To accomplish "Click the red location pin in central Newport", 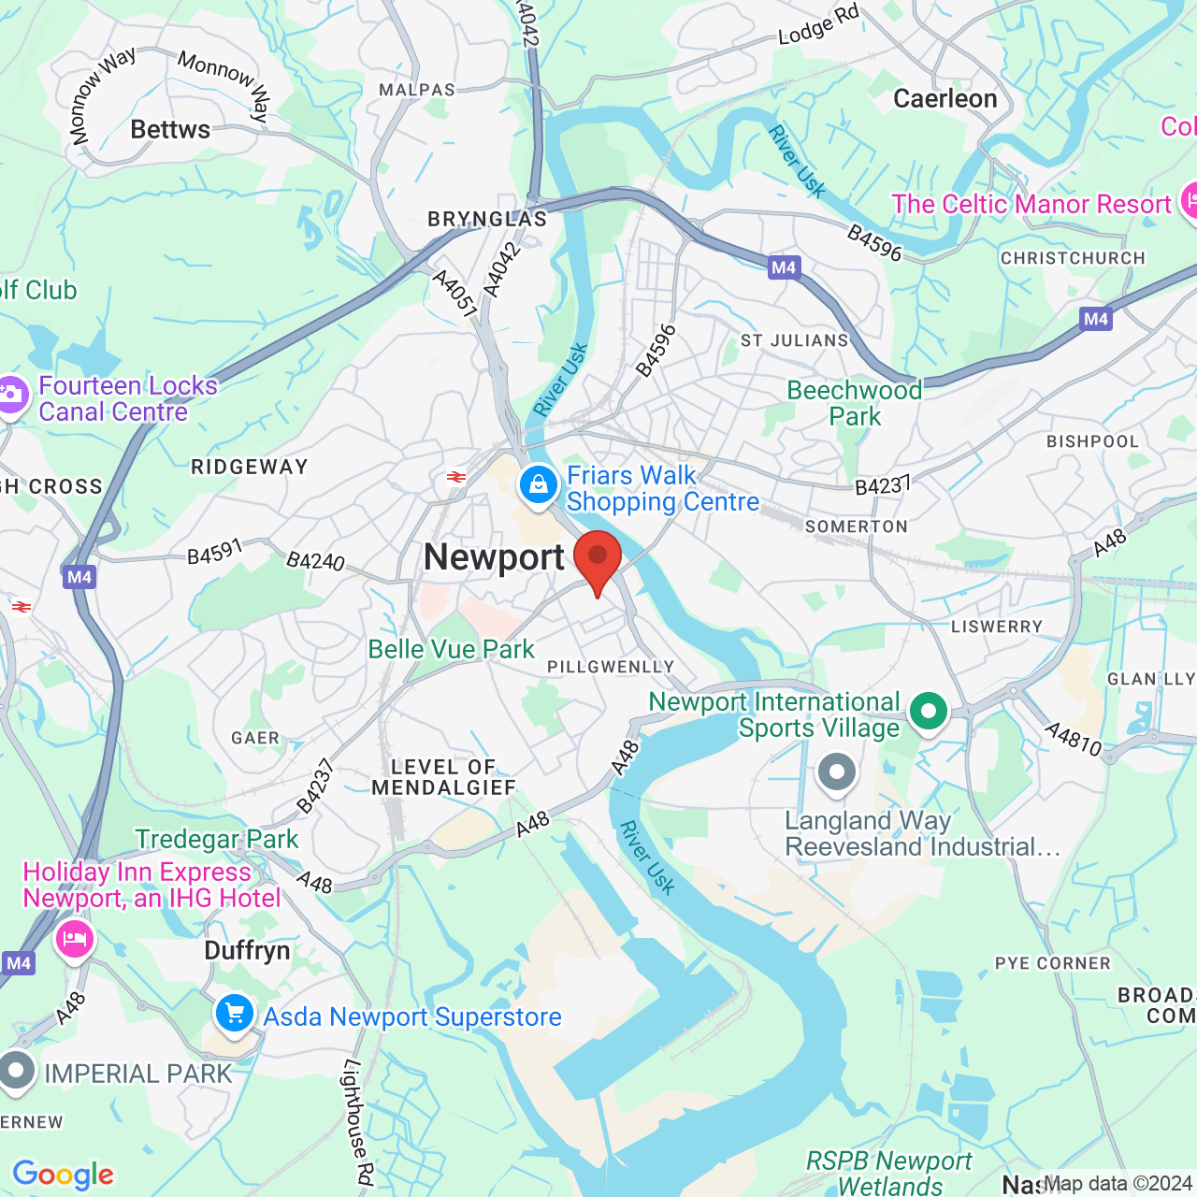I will pyautogui.click(x=598, y=559).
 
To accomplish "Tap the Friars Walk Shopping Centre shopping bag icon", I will pyautogui.click(x=538, y=485).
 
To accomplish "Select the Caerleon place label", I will pyautogui.click(x=945, y=98).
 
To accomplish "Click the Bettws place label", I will pyautogui.click(x=170, y=129).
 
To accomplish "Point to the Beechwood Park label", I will pyautogui.click(x=855, y=403).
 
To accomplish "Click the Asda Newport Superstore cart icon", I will pyautogui.click(x=235, y=1014).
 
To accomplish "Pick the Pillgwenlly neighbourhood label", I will pyautogui.click(x=611, y=667).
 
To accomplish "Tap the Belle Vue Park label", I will pyautogui.click(x=451, y=649).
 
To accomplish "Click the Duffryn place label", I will pyautogui.click(x=247, y=951).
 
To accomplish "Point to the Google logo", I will pyautogui.click(x=64, y=1175).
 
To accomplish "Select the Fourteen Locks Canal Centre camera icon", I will pyautogui.click(x=11, y=395).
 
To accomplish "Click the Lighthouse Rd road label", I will pyautogui.click(x=358, y=1122).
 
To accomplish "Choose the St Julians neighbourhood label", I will pyautogui.click(x=794, y=340).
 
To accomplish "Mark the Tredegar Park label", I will pyautogui.click(x=217, y=839).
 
